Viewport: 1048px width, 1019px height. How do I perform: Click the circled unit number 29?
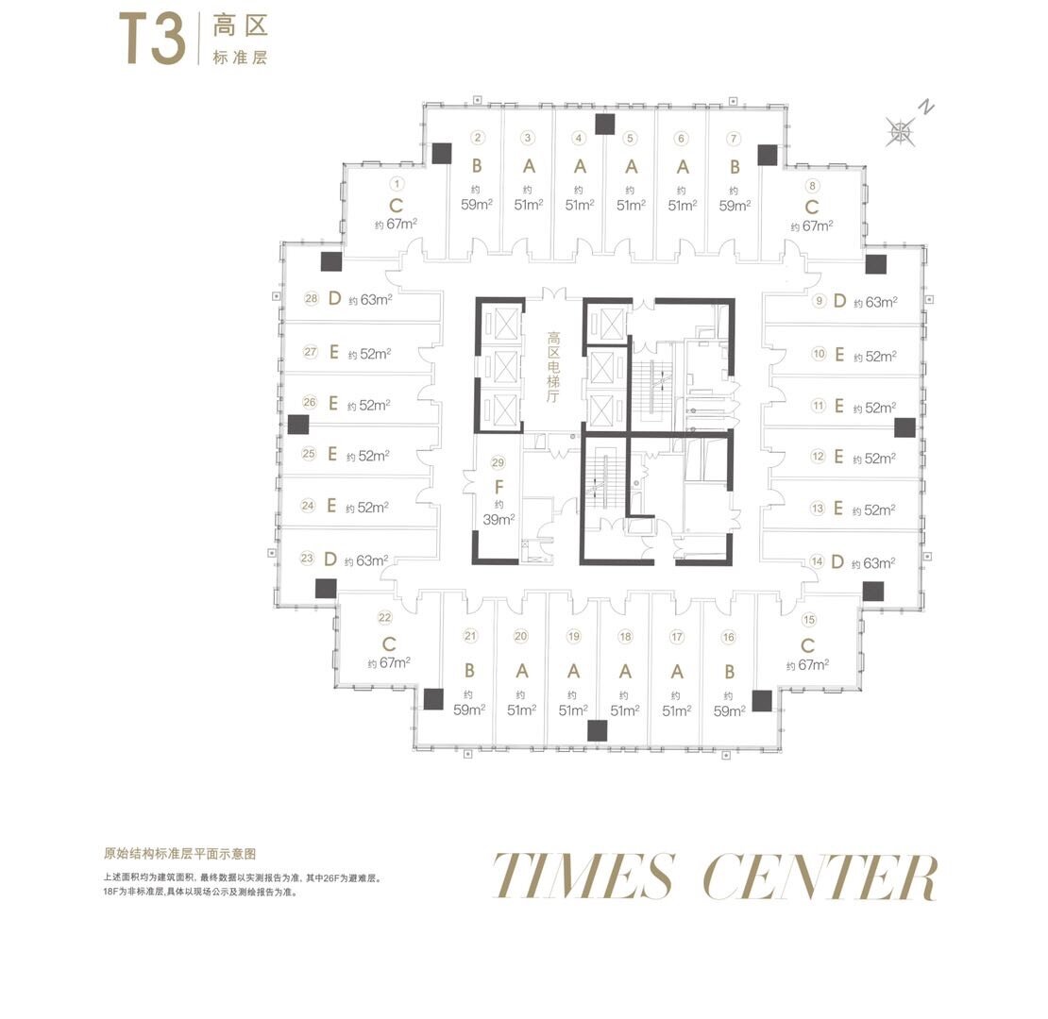click(x=498, y=462)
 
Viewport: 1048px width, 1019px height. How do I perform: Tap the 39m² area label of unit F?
click(x=499, y=520)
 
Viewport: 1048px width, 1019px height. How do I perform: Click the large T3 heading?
click(x=152, y=40)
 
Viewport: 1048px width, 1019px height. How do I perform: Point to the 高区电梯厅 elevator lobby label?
click(x=553, y=367)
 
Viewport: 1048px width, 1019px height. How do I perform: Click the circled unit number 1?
click(x=397, y=184)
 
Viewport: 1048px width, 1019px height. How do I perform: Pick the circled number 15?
click(x=809, y=620)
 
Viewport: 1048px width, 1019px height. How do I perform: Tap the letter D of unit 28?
click(x=335, y=298)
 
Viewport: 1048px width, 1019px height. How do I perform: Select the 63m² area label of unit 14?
click(x=873, y=563)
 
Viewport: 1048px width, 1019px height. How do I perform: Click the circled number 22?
click(x=385, y=618)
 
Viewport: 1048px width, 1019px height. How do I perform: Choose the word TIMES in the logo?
click(x=583, y=876)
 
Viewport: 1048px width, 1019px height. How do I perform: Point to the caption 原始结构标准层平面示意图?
click(x=179, y=853)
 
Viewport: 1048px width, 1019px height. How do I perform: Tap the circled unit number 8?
click(x=812, y=186)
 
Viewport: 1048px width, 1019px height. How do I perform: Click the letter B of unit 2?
click(x=477, y=166)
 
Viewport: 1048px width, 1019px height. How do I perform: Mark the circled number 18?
click(x=626, y=636)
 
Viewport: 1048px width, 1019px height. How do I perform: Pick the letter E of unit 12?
click(x=838, y=456)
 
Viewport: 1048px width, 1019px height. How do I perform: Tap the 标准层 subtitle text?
click(x=240, y=58)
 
